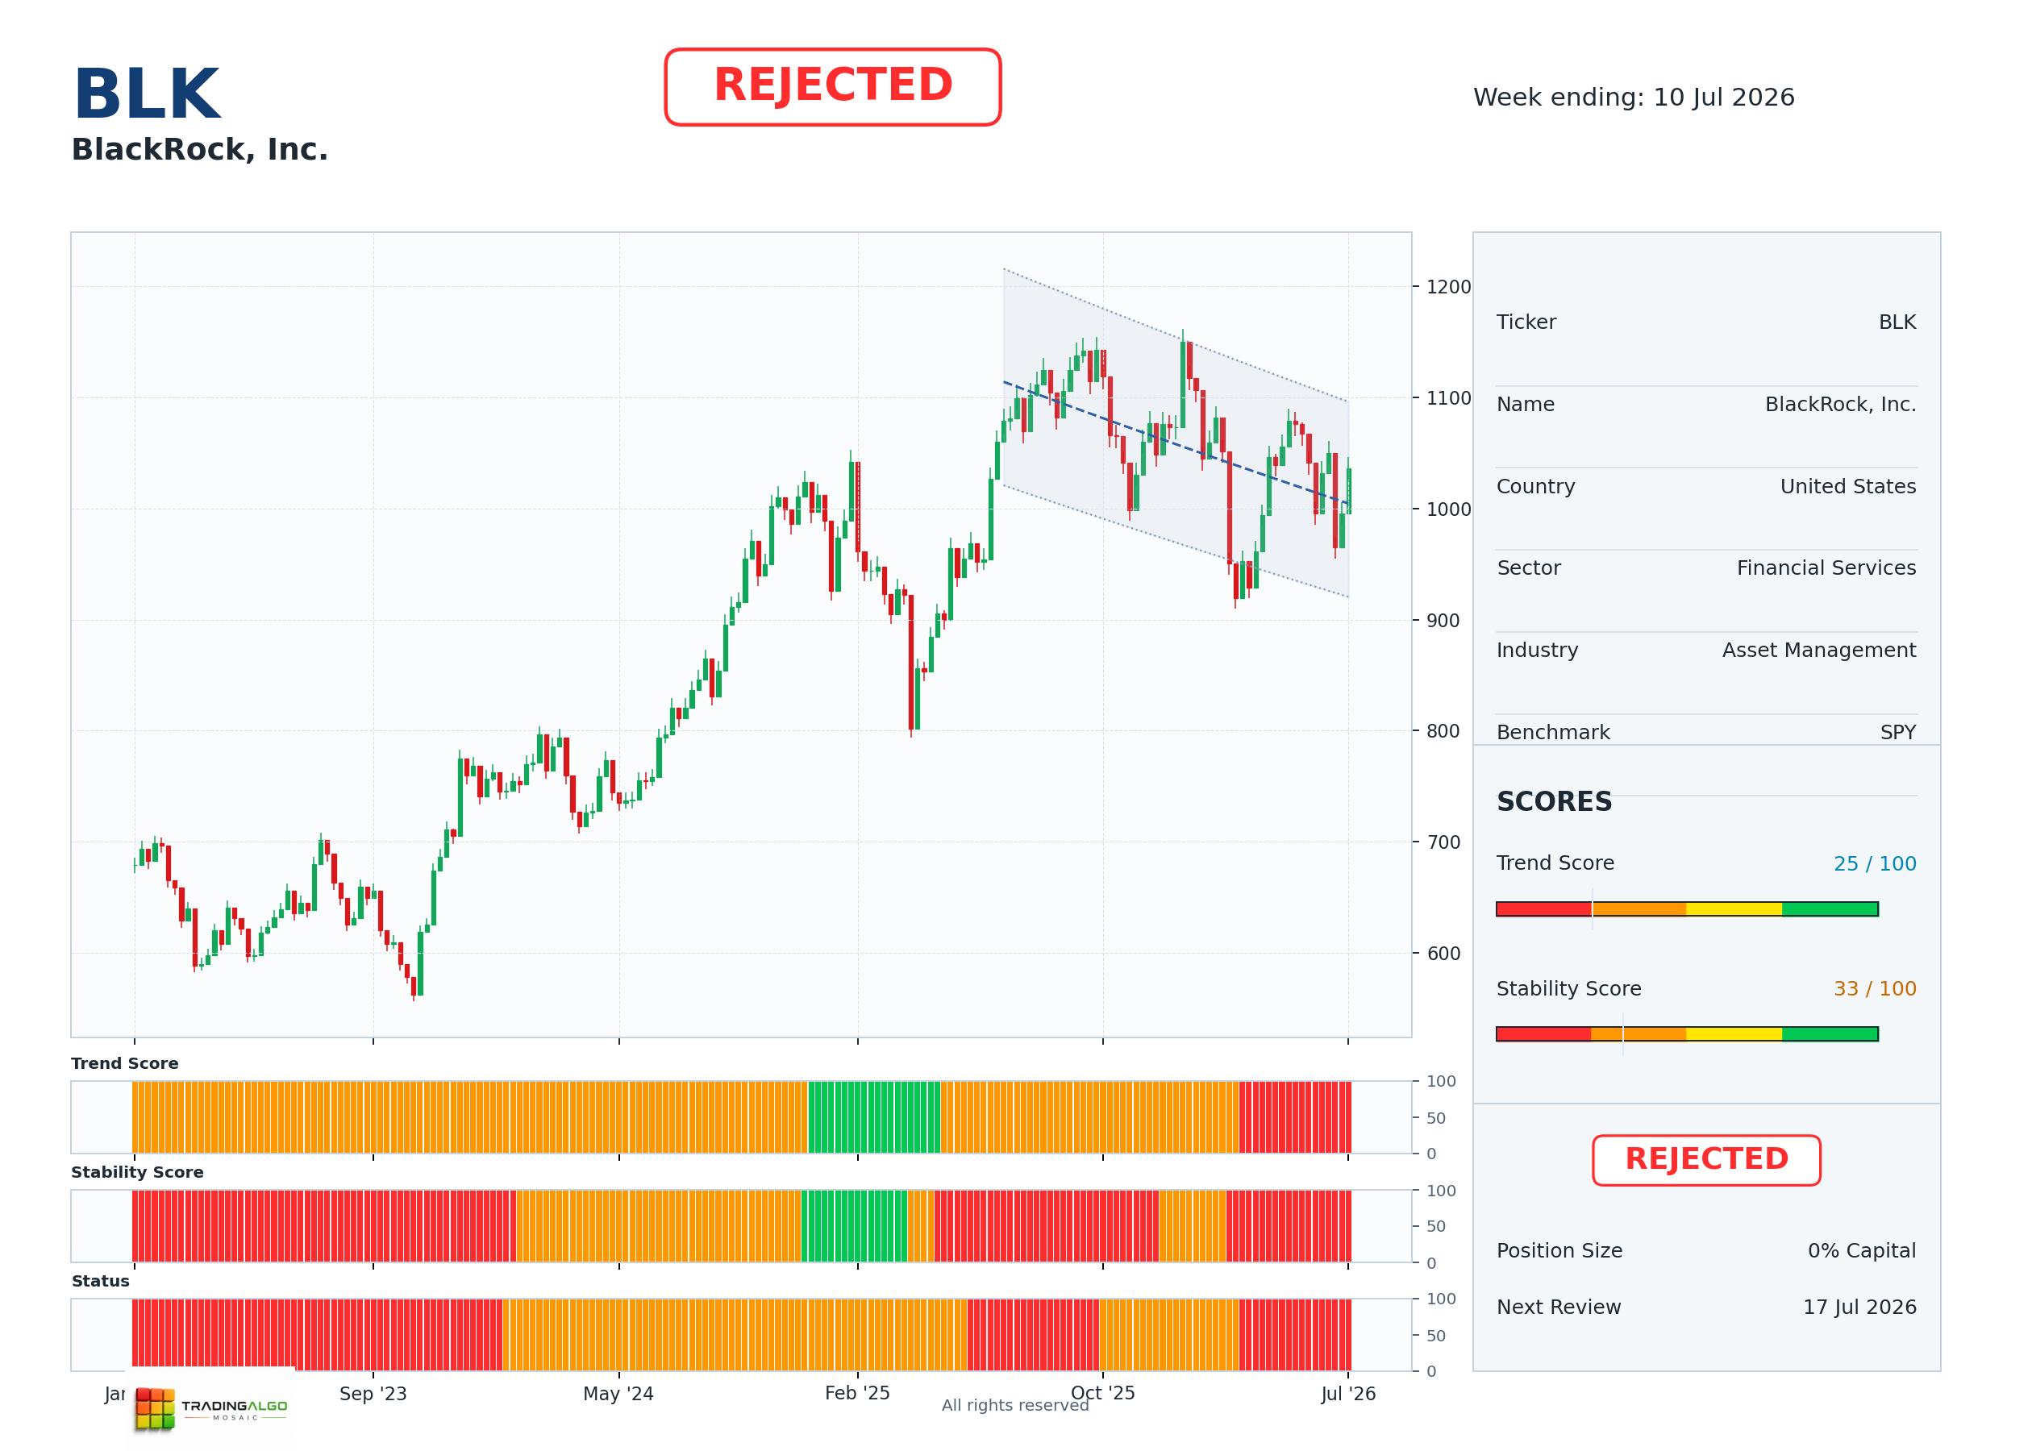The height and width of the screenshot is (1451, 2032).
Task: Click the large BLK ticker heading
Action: click(x=147, y=94)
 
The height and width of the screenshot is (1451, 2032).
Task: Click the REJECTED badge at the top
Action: click(x=832, y=87)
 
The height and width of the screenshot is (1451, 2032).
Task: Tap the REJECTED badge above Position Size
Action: click(x=1706, y=1160)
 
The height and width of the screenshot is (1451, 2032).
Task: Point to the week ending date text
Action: click(x=1634, y=97)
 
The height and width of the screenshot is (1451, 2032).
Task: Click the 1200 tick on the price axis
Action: click(x=1447, y=287)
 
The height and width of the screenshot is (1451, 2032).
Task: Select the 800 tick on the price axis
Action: click(x=1443, y=731)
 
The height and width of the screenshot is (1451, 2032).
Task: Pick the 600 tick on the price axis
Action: click(x=1443, y=954)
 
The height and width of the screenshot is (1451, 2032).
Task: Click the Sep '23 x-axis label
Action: click(x=373, y=1394)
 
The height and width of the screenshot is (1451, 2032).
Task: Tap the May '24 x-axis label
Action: click(x=618, y=1394)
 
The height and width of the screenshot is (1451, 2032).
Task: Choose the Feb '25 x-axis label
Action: click(x=857, y=1393)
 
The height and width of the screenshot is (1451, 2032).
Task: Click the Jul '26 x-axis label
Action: click(x=1348, y=1394)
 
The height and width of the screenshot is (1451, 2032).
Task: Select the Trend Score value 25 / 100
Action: click(x=1875, y=863)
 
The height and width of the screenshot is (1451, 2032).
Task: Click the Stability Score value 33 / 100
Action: click(x=1875, y=988)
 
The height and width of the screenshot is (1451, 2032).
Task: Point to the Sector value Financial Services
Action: click(x=1826, y=568)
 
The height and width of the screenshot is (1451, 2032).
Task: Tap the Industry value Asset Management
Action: click(x=1818, y=650)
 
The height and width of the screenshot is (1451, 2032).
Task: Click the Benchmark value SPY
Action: click(x=1898, y=732)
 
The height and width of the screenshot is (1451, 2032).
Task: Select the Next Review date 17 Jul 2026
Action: click(x=1859, y=1308)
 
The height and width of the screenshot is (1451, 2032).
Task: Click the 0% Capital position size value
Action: click(x=1861, y=1251)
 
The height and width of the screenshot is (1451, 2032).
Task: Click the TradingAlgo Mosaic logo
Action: click(x=211, y=1408)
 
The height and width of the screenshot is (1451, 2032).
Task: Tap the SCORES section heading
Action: click(x=1554, y=801)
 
